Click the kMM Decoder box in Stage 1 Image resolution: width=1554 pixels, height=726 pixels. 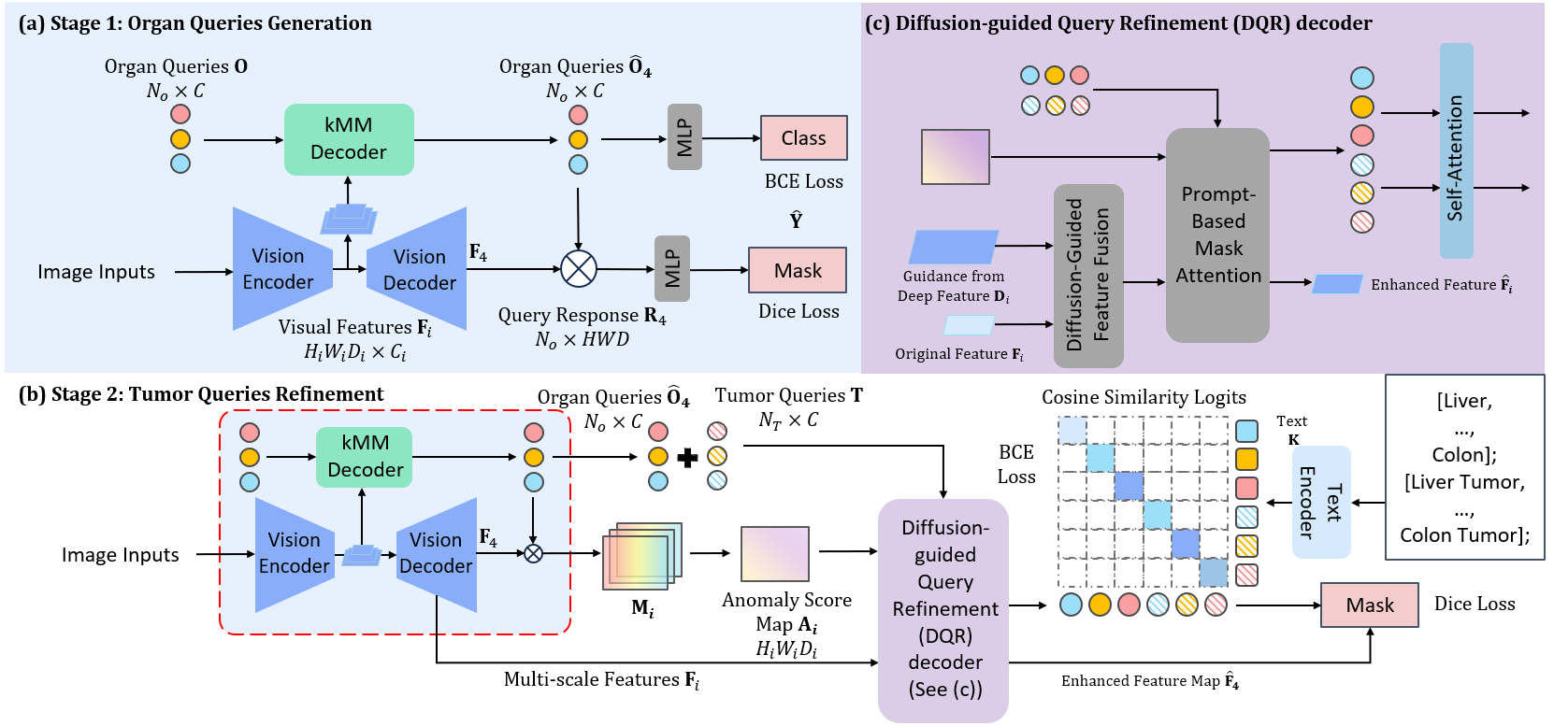(349, 139)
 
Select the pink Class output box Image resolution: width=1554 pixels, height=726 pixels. (803, 138)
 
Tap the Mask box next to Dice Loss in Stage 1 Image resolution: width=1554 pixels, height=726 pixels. (798, 270)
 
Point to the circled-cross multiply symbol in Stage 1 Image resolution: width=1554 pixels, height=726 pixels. (579, 269)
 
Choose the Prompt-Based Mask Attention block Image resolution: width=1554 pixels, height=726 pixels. (1217, 235)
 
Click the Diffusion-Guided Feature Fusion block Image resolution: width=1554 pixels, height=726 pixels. (1088, 276)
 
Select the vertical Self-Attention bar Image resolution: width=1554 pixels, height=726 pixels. (1456, 151)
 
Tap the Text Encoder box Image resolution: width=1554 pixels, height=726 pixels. (1320, 503)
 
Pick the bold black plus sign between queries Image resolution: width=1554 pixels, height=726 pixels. (687, 457)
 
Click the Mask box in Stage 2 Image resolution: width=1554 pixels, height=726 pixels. (1369, 605)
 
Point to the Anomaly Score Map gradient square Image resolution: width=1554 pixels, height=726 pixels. (774, 554)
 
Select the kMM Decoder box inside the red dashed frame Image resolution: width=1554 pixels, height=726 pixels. (365, 456)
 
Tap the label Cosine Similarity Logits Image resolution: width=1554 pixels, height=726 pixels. (1144, 397)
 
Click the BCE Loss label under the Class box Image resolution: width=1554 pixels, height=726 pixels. (803, 181)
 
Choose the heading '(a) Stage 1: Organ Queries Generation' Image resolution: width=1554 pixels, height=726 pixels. (194, 23)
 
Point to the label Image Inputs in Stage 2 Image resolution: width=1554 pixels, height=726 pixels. (120, 555)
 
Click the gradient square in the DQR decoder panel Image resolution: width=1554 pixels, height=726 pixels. (955, 157)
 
